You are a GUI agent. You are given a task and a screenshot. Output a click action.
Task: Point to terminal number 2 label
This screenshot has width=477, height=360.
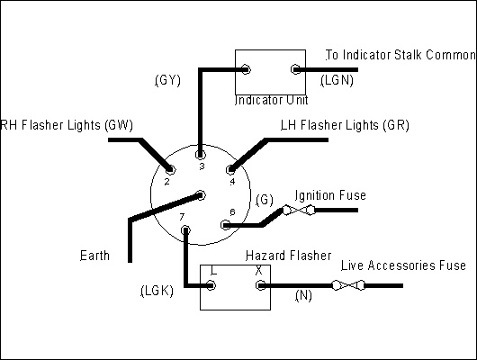click(x=166, y=182)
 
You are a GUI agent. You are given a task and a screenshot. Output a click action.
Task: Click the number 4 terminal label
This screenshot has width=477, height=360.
click(x=232, y=182)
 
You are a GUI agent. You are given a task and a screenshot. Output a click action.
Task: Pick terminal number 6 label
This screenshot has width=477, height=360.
click(x=232, y=212)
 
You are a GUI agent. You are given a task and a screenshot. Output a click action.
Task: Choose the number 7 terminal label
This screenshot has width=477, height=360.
click(x=182, y=217)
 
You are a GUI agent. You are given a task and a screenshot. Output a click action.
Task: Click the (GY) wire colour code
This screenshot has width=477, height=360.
click(x=168, y=80)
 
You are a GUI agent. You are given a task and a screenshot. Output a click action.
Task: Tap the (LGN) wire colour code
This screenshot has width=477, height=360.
click(x=337, y=80)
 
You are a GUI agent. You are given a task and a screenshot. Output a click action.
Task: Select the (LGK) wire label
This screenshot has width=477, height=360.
click(x=157, y=291)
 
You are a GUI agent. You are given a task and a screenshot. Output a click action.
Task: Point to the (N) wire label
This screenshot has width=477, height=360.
click(x=303, y=295)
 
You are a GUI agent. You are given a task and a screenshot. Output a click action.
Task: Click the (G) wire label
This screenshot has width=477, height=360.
click(x=265, y=200)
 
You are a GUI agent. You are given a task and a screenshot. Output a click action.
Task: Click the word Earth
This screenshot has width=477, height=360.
click(x=94, y=256)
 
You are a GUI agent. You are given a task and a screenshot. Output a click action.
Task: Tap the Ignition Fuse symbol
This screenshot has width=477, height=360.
click(x=298, y=211)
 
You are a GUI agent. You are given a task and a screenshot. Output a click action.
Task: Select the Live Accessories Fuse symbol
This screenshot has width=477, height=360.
click(x=348, y=285)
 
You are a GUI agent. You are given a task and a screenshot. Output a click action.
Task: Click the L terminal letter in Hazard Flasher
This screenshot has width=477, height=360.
click(x=214, y=270)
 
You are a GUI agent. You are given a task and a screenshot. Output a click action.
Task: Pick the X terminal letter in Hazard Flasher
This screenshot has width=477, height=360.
click(x=258, y=270)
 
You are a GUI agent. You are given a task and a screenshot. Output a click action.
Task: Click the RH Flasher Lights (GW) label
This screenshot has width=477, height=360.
click(x=67, y=125)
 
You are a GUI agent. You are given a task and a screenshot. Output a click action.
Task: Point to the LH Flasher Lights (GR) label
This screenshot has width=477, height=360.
click(x=345, y=125)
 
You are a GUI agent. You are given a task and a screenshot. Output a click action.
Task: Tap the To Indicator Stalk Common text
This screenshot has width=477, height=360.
click(x=400, y=55)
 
